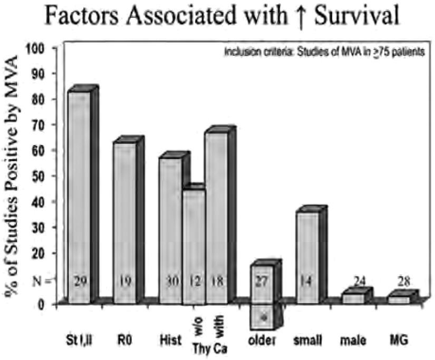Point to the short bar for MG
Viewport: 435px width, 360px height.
point(399,299)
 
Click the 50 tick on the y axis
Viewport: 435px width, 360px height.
point(48,177)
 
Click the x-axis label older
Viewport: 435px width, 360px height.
point(262,340)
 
